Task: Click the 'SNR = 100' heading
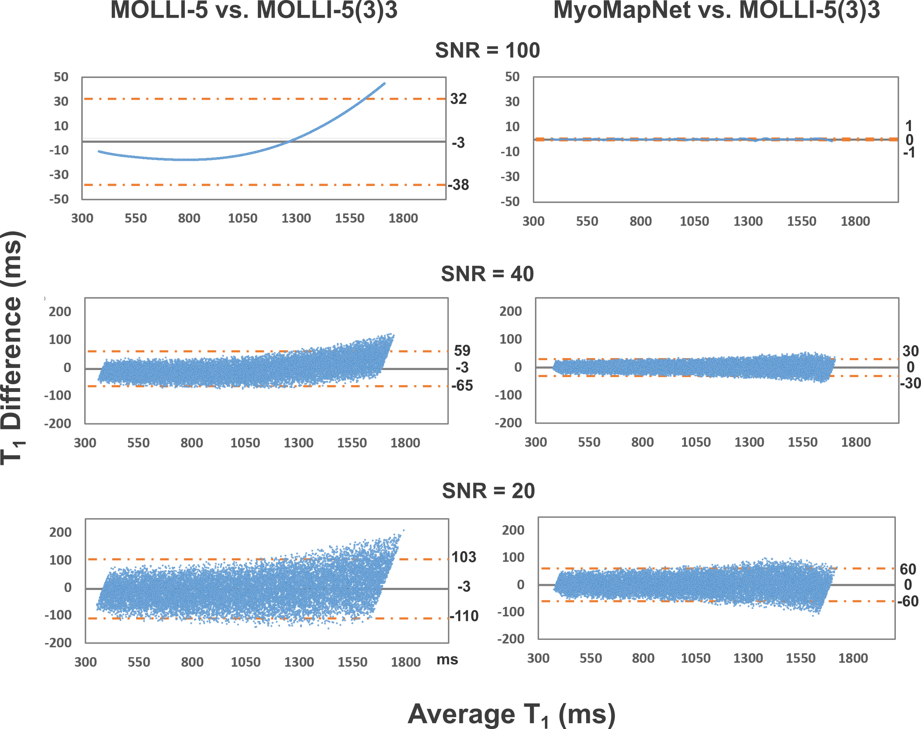point(487,50)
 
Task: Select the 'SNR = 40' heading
point(487,274)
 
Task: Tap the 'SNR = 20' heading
point(488,491)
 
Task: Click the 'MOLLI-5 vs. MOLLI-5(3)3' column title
point(254,10)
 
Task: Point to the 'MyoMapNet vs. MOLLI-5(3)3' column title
point(716,10)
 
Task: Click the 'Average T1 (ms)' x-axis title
point(511,714)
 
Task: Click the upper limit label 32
point(459,99)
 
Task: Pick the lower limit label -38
point(458,185)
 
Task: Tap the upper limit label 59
point(462,351)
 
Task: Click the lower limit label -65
point(462,386)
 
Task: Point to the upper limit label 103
point(464,557)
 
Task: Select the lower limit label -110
point(464,616)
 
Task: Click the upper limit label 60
point(908,569)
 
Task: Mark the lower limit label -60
point(908,602)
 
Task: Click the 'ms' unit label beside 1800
point(447,659)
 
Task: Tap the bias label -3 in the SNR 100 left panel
point(458,143)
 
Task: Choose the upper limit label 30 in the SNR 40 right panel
point(910,351)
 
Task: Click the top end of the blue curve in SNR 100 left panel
point(384,84)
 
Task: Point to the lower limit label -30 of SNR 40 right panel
point(910,383)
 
